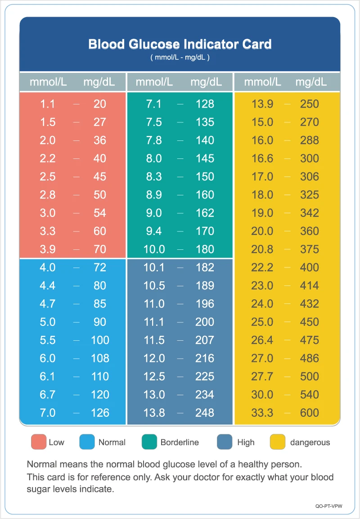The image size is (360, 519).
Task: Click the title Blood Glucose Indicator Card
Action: click(x=180, y=44)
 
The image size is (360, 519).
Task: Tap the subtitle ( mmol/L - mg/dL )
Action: click(x=180, y=58)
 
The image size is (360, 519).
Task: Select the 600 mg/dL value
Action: click(x=310, y=412)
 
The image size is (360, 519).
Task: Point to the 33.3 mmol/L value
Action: click(x=262, y=412)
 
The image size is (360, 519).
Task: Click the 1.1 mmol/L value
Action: click(x=47, y=104)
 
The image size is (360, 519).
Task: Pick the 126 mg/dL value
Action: click(x=100, y=412)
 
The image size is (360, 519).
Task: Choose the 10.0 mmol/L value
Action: click(x=154, y=249)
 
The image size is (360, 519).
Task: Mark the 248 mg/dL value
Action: click(x=205, y=412)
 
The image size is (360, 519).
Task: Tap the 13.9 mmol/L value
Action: click(x=262, y=104)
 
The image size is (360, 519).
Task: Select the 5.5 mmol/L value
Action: click(x=47, y=340)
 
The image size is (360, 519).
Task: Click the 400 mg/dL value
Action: click(x=310, y=267)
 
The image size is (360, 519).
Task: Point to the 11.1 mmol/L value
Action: click(x=154, y=322)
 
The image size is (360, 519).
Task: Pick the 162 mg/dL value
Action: click(x=205, y=213)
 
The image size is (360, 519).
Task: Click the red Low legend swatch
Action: click(x=38, y=442)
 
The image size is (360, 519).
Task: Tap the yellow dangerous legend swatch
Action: click(x=278, y=442)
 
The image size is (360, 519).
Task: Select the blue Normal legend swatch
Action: click(x=87, y=442)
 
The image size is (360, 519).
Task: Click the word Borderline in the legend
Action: click(x=180, y=442)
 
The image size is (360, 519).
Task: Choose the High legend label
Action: click(x=246, y=442)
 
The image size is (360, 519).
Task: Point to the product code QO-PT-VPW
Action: click(x=328, y=506)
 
